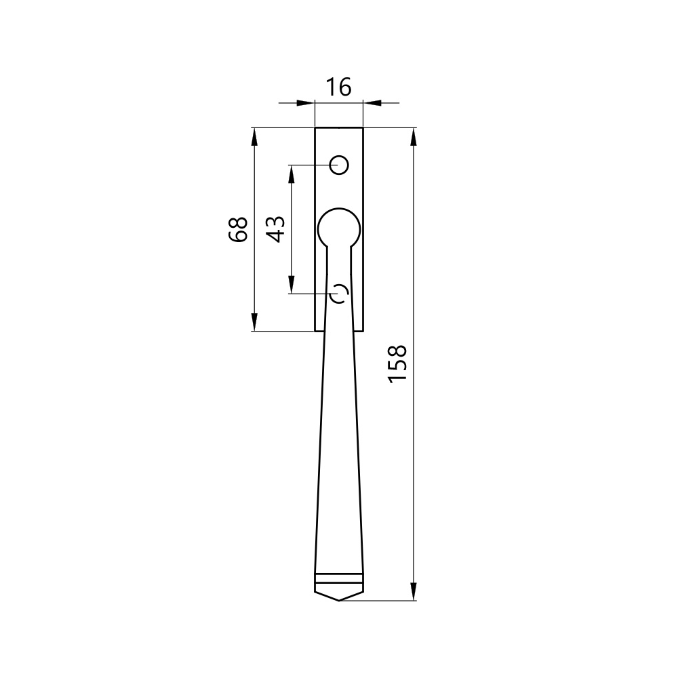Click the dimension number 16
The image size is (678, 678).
(x=338, y=87)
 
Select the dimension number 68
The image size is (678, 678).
(x=238, y=230)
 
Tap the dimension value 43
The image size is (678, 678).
(x=276, y=229)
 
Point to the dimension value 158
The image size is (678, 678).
(x=397, y=363)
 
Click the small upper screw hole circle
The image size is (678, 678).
(x=339, y=165)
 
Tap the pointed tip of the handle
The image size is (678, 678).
(x=339, y=600)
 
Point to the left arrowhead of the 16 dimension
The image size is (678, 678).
(x=305, y=103)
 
